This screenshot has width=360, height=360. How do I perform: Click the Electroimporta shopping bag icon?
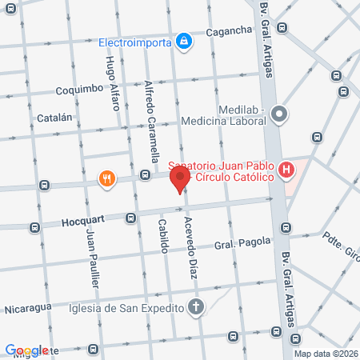coord(185,39)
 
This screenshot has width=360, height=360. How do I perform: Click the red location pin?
coord(180,178)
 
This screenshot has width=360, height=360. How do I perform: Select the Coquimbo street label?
coord(80,90)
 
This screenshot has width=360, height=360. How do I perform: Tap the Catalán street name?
coord(54,118)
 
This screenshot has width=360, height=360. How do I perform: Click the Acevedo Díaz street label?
coord(190,246)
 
